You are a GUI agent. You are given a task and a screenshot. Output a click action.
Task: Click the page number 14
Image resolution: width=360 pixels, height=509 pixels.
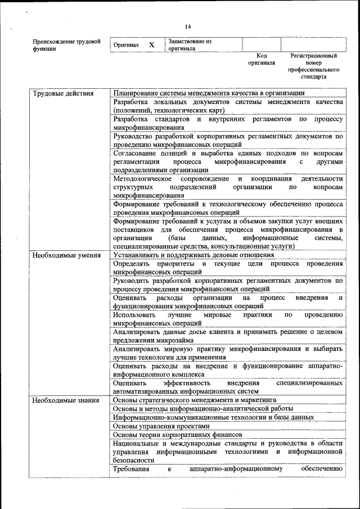coord(188,26)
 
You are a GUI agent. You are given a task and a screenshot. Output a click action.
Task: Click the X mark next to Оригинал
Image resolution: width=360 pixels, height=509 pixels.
coord(151,44)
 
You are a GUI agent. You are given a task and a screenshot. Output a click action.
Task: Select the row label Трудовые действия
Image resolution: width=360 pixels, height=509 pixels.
coord(62,93)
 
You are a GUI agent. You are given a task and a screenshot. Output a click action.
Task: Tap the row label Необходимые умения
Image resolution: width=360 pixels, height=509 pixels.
coord(62,255)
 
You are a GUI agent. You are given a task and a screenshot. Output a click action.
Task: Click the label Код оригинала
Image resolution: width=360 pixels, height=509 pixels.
coord(262,60)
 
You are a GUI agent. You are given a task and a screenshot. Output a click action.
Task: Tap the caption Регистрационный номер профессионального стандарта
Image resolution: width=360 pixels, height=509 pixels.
coord(313,66)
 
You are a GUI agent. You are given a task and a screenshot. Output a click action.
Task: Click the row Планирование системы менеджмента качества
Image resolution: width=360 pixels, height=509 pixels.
coord(209,93)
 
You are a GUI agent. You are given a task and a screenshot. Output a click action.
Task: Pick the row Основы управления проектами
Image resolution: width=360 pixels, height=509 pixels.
coord(157,426)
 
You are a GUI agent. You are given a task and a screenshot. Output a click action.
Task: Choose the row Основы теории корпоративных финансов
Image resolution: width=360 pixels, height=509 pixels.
coord(177,435)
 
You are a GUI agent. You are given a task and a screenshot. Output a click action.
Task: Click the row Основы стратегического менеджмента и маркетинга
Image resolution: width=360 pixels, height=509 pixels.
coord(195,400)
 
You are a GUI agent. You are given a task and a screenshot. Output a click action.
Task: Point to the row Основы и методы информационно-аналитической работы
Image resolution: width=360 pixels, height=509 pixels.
coord(199,409)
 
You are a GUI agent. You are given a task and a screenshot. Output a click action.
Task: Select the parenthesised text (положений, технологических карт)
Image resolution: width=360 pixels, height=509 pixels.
coord(164,110)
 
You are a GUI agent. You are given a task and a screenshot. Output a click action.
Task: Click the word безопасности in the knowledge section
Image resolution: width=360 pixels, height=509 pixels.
coord(133,460)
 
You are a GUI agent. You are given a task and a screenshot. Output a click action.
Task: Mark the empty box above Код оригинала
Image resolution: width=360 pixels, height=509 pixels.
coord(262,44)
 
